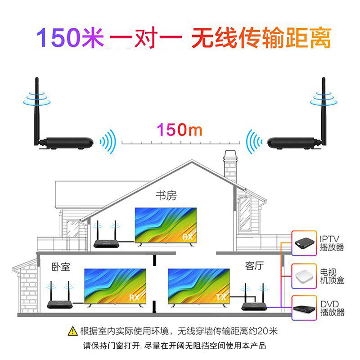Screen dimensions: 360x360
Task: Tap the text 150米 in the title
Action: [71, 38]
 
